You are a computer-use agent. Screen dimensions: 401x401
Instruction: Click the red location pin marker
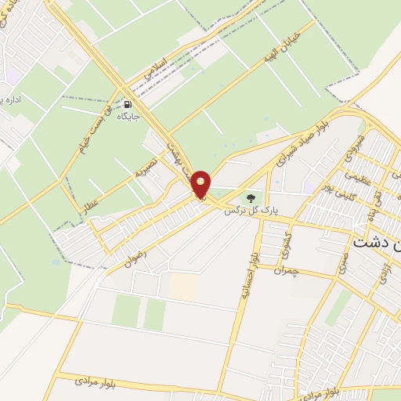[201, 185]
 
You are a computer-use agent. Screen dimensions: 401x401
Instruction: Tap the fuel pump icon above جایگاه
[128, 103]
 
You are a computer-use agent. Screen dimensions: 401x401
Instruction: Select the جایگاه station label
[128, 116]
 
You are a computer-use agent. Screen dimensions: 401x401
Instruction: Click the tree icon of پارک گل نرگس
[251, 198]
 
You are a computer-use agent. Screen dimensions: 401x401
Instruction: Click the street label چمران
[287, 269]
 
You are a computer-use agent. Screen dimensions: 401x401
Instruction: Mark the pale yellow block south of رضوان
[183, 286]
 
